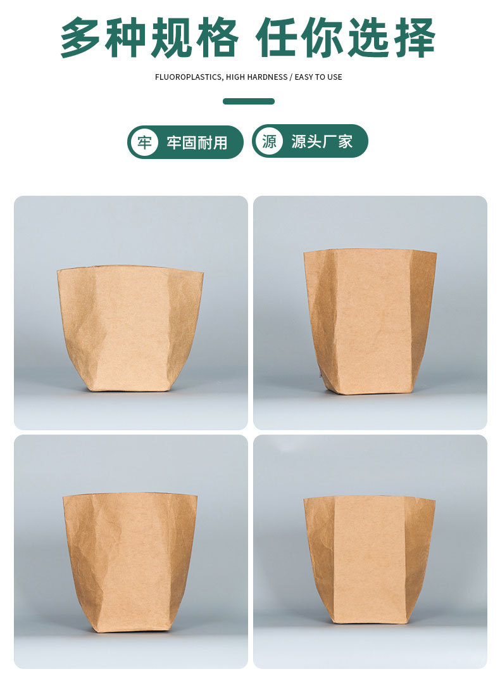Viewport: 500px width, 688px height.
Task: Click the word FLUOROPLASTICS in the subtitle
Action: pyautogui.click(x=188, y=77)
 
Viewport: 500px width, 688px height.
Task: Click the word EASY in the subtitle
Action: pyautogui.click(x=305, y=77)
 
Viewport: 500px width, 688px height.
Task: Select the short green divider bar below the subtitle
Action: pyautogui.click(x=249, y=101)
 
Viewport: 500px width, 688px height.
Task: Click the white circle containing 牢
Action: pyautogui.click(x=144, y=142)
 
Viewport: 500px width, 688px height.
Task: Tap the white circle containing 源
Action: pyautogui.click(x=269, y=141)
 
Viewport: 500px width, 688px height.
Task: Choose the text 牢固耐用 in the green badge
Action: pyautogui.click(x=197, y=143)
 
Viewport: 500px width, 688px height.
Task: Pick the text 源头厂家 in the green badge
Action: pyautogui.click(x=322, y=141)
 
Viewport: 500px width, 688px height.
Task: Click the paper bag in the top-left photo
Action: pyautogui.click(x=130, y=328)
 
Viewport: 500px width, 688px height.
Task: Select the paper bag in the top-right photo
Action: pyautogui.click(x=370, y=321)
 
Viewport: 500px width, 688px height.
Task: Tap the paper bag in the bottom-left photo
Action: pyautogui.click(x=130, y=561)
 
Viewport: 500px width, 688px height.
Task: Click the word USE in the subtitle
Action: pyautogui.click(x=335, y=77)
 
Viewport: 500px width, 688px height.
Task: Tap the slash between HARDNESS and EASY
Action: pyautogui.click(x=291, y=77)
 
